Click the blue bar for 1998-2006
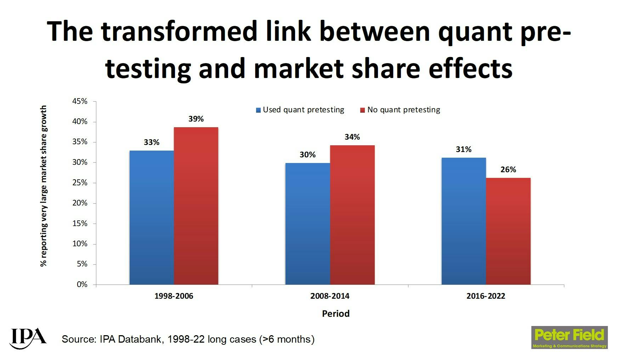coord(152,218)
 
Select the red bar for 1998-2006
coord(196,206)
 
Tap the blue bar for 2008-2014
coord(307,224)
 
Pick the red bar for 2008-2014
coord(352,215)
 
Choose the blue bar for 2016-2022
coord(463,221)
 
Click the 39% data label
coord(196,119)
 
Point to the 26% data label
coord(508,170)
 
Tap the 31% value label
coord(463,150)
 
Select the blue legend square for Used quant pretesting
coord(259,110)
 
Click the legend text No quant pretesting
coord(403,110)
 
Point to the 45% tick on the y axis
coord(80,101)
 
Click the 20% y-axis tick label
coord(80,203)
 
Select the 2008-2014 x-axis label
coord(329,296)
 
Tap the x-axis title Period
coord(335,314)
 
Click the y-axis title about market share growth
coord(43,186)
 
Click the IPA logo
coord(28,338)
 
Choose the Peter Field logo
coord(569,337)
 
